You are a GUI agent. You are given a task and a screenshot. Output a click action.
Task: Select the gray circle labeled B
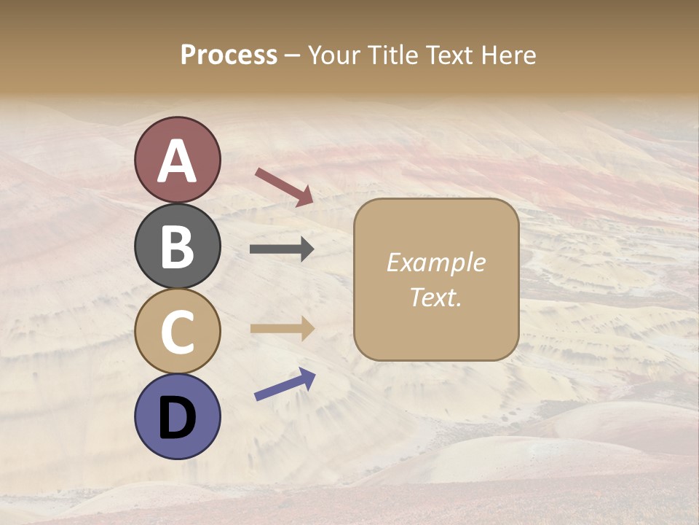tap(177, 246)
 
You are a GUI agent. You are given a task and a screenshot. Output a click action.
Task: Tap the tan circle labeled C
tap(177, 331)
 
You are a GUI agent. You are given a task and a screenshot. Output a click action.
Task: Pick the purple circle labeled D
tap(177, 416)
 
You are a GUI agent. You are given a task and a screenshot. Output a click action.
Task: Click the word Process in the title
tap(229, 55)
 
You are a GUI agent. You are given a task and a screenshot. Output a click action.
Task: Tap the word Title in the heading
tap(392, 55)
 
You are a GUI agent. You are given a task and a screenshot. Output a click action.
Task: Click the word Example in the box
tap(435, 262)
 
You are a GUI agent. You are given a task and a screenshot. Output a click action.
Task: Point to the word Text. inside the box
tap(435, 297)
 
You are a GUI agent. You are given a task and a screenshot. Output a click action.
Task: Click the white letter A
tap(177, 162)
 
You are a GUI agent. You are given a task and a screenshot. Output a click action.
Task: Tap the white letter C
tap(177, 332)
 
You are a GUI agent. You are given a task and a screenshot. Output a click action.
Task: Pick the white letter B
tap(177, 246)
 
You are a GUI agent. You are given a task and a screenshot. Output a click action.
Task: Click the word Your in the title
tap(334, 55)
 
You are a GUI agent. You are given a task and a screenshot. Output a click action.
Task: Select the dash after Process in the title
tap(293, 56)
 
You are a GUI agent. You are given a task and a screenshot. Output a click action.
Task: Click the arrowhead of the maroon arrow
tap(305, 196)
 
